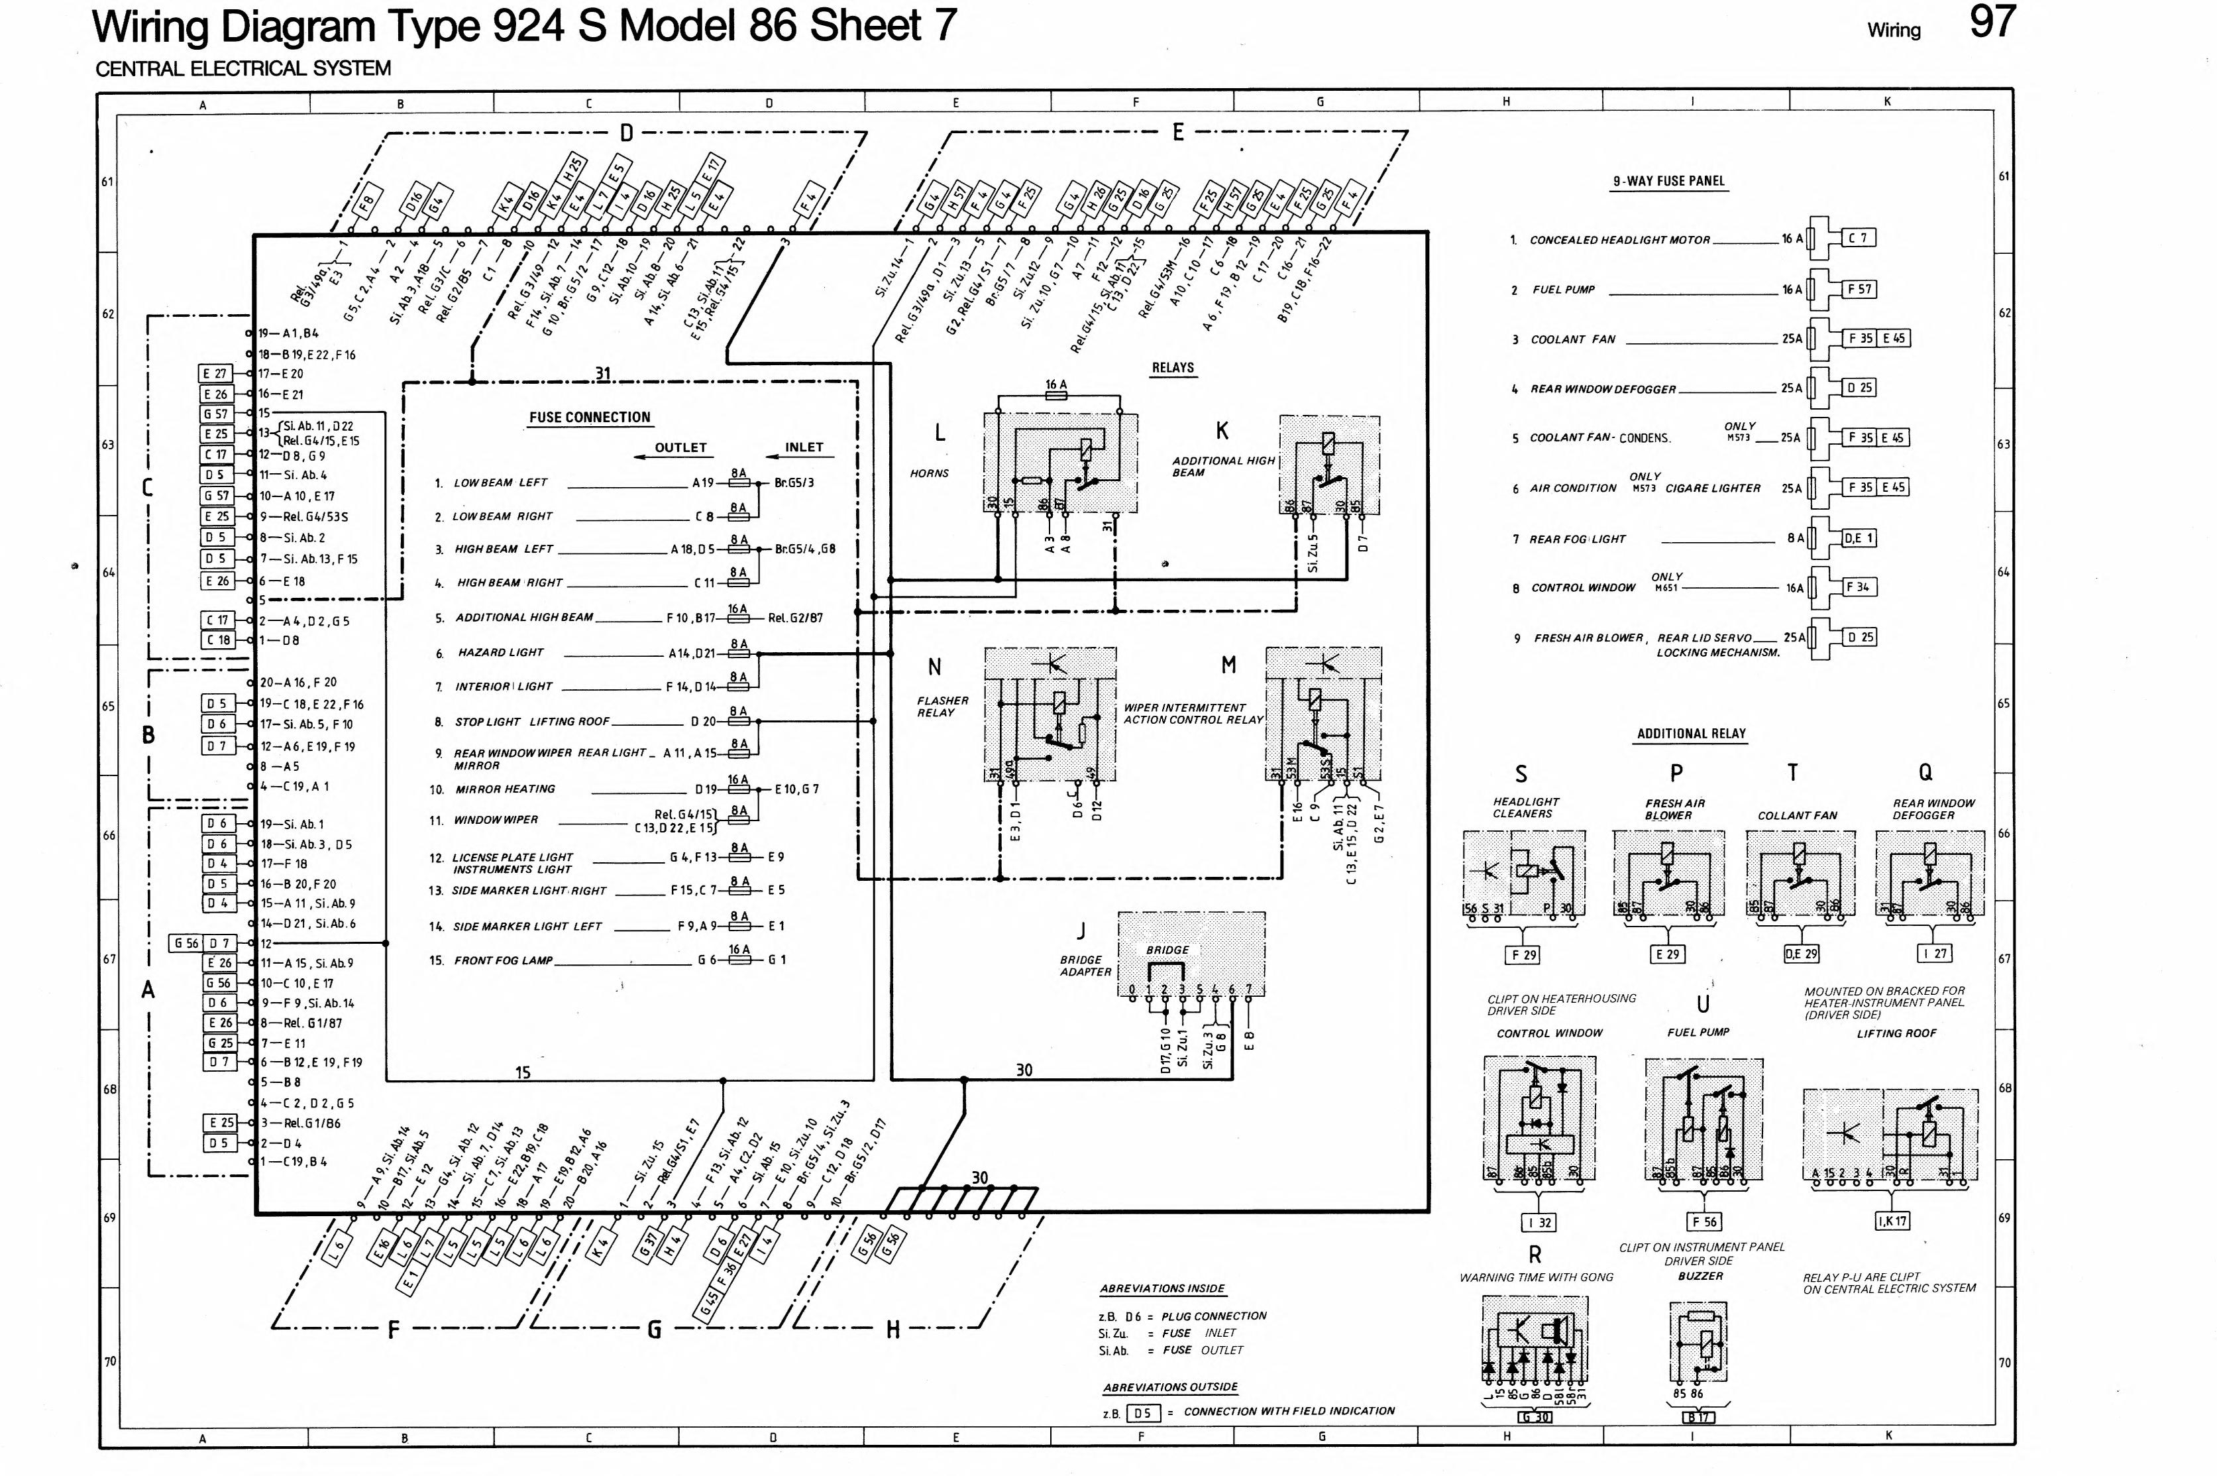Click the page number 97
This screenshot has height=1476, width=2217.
point(1993,23)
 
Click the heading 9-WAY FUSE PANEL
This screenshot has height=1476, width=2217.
point(1668,181)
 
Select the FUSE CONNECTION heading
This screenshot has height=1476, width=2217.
point(589,417)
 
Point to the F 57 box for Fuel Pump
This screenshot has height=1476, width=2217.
point(1859,289)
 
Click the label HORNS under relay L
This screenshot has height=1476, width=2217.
point(929,473)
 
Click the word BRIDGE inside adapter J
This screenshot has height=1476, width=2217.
point(1167,950)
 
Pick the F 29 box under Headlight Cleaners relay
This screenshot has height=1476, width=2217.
point(1523,954)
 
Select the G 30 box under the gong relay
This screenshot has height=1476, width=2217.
point(1536,1418)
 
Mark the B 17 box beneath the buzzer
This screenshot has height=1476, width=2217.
point(1700,1418)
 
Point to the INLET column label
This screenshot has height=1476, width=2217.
point(804,448)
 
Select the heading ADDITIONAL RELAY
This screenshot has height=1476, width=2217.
point(1691,733)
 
